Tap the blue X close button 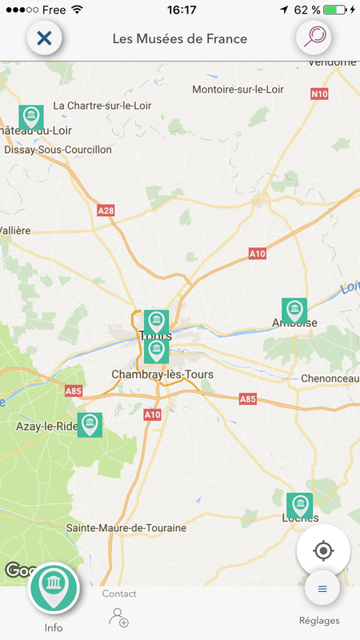(x=44, y=38)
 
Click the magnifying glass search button (x=314, y=38)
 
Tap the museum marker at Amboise (x=294, y=310)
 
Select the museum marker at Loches (x=299, y=505)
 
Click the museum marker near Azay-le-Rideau (x=90, y=425)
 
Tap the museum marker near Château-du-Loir (x=31, y=118)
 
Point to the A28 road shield (x=106, y=210)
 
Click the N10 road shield (x=318, y=94)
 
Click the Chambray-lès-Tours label (x=157, y=374)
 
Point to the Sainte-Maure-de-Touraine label (x=126, y=528)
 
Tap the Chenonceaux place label (x=330, y=378)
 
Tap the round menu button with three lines (x=322, y=589)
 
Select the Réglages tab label (x=319, y=621)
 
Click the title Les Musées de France (x=180, y=38)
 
